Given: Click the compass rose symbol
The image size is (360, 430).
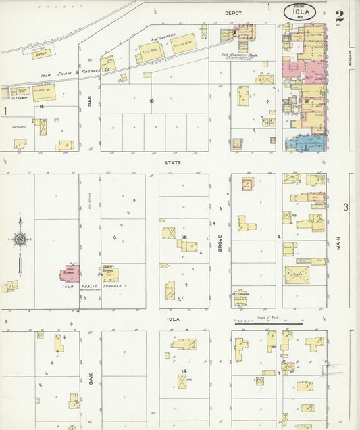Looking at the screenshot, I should tap(20, 239).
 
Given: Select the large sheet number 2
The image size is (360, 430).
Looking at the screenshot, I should tap(339, 16).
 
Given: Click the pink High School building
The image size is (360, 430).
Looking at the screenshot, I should tap(70, 273).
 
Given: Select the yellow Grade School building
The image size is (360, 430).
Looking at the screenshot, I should tap(108, 274).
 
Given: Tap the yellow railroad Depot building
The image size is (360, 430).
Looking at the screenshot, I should tap(42, 54).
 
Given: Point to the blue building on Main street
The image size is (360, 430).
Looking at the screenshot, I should tap(305, 142).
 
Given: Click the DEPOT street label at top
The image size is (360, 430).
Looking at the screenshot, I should tap(234, 12).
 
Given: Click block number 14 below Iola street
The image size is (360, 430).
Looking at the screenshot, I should tap(183, 371).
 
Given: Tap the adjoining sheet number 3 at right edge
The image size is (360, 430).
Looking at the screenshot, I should tap(344, 207).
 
